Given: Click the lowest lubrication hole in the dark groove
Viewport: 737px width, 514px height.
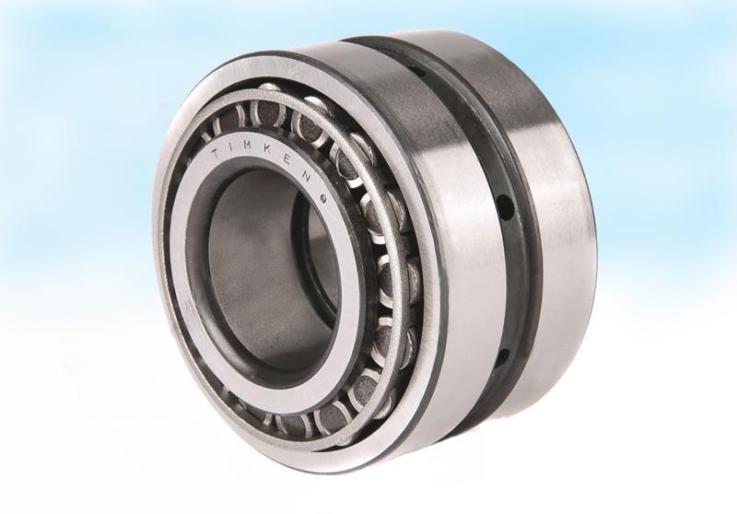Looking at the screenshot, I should [x=503, y=355].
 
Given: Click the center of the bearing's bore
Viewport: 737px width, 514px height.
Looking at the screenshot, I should [x=263, y=267].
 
